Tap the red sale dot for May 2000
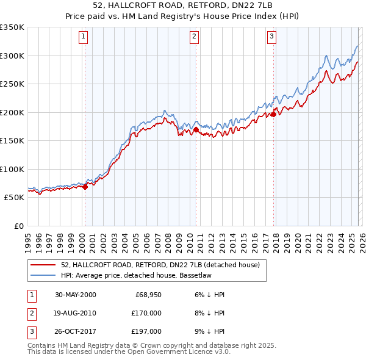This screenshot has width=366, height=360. tap(85, 187)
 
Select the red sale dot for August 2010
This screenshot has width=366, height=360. tap(196, 129)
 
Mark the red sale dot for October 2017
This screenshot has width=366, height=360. tap(273, 114)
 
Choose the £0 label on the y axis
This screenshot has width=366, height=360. tap(18, 226)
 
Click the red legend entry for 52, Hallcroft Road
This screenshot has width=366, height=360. tap(160, 265)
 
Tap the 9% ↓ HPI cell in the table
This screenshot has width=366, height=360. tap(212, 331)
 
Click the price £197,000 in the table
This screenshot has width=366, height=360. tap(148, 331)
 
